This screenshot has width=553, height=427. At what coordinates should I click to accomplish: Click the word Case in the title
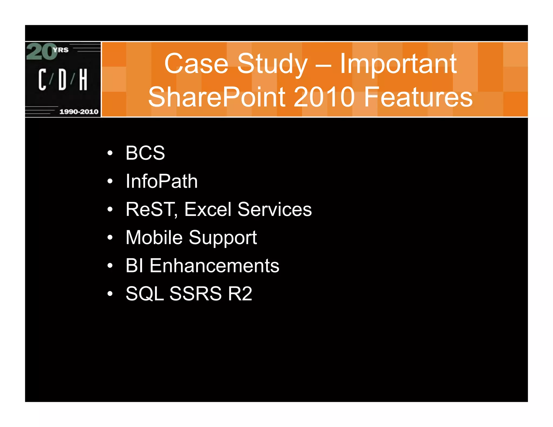click(196, 64)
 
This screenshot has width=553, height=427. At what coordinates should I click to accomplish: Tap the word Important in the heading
click(398, 64)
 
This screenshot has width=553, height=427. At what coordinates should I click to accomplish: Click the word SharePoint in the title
click(217, 97)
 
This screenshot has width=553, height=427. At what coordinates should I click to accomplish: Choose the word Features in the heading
click(418, 97)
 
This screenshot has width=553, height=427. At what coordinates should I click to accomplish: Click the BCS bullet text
click(145, 153)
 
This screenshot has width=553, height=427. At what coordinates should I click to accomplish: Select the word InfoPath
click(161, 181)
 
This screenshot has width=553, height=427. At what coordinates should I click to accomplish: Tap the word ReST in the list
click(151, 209)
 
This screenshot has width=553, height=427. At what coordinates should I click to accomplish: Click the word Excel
click(208, 209)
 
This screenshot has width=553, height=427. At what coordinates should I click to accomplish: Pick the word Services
click(275, 209)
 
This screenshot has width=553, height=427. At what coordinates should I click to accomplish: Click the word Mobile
click(154, 238)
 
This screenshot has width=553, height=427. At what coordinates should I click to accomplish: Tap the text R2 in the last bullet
click(240, 294)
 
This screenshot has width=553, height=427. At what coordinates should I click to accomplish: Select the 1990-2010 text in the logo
click(79, 111)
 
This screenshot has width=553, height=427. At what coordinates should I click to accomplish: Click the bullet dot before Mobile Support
click(110, 238)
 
